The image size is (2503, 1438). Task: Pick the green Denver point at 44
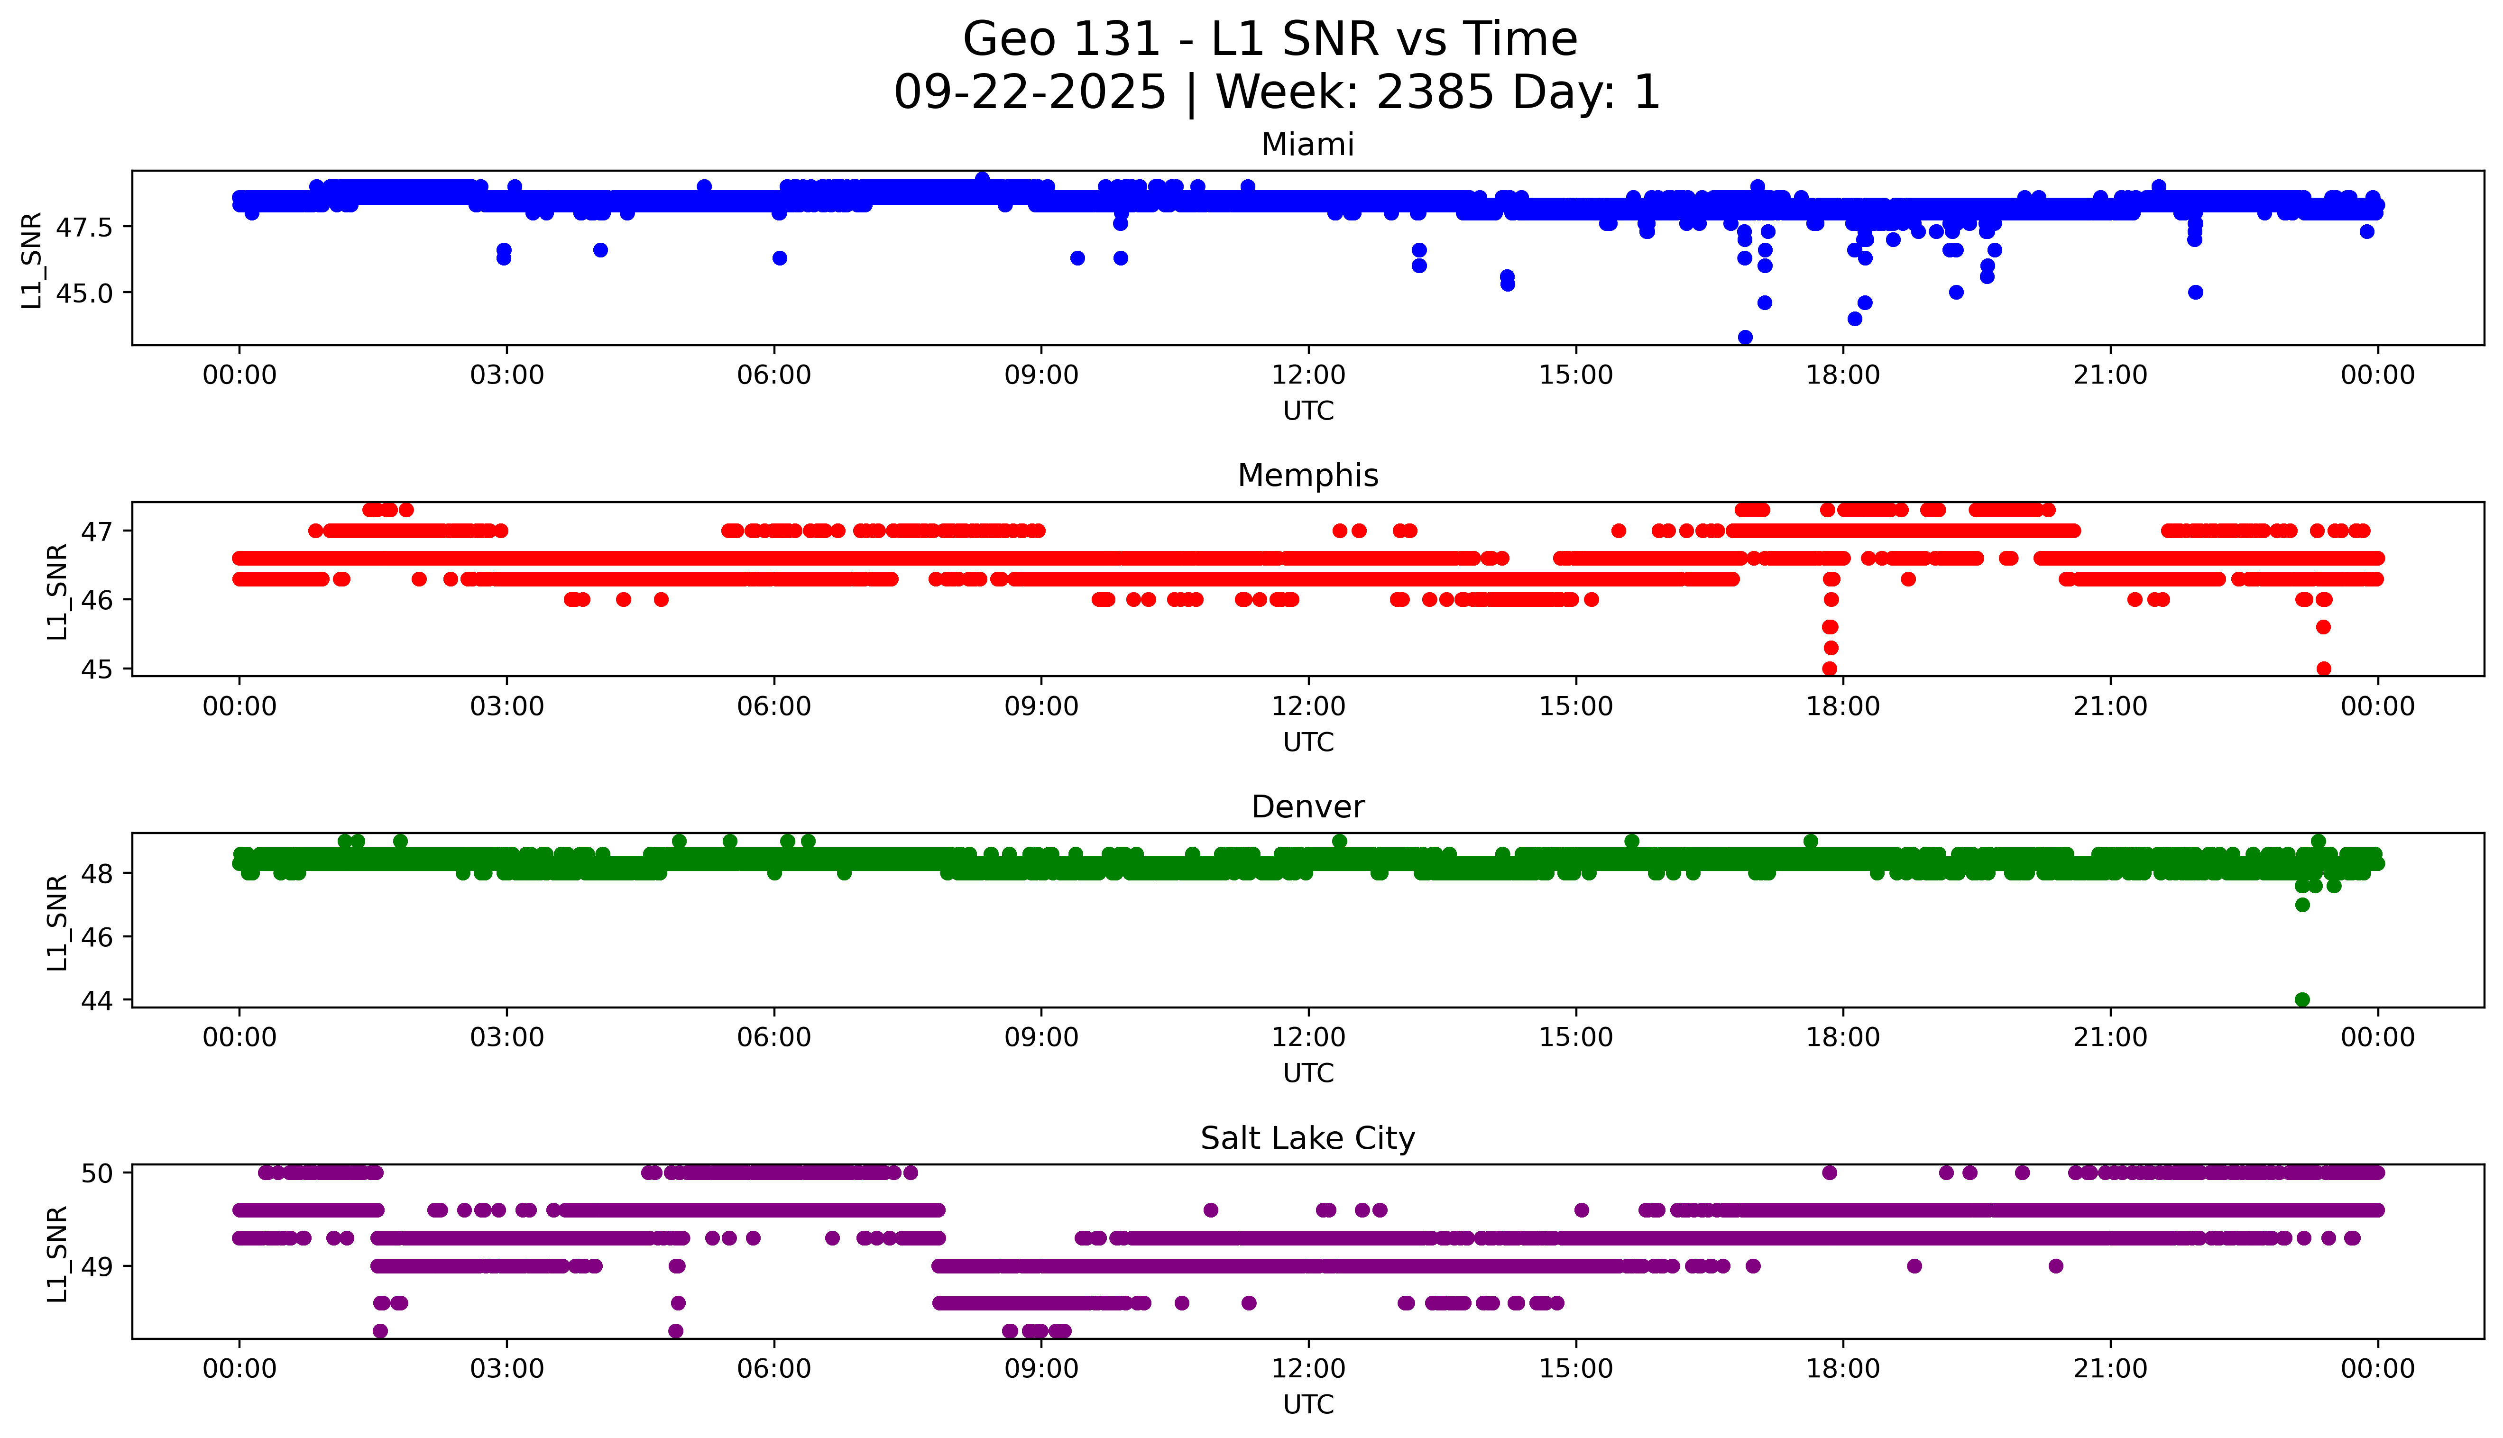click(2302, 999)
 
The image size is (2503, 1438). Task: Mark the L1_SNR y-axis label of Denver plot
click(57, 922)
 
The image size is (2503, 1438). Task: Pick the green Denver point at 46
click(2302, 905)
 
